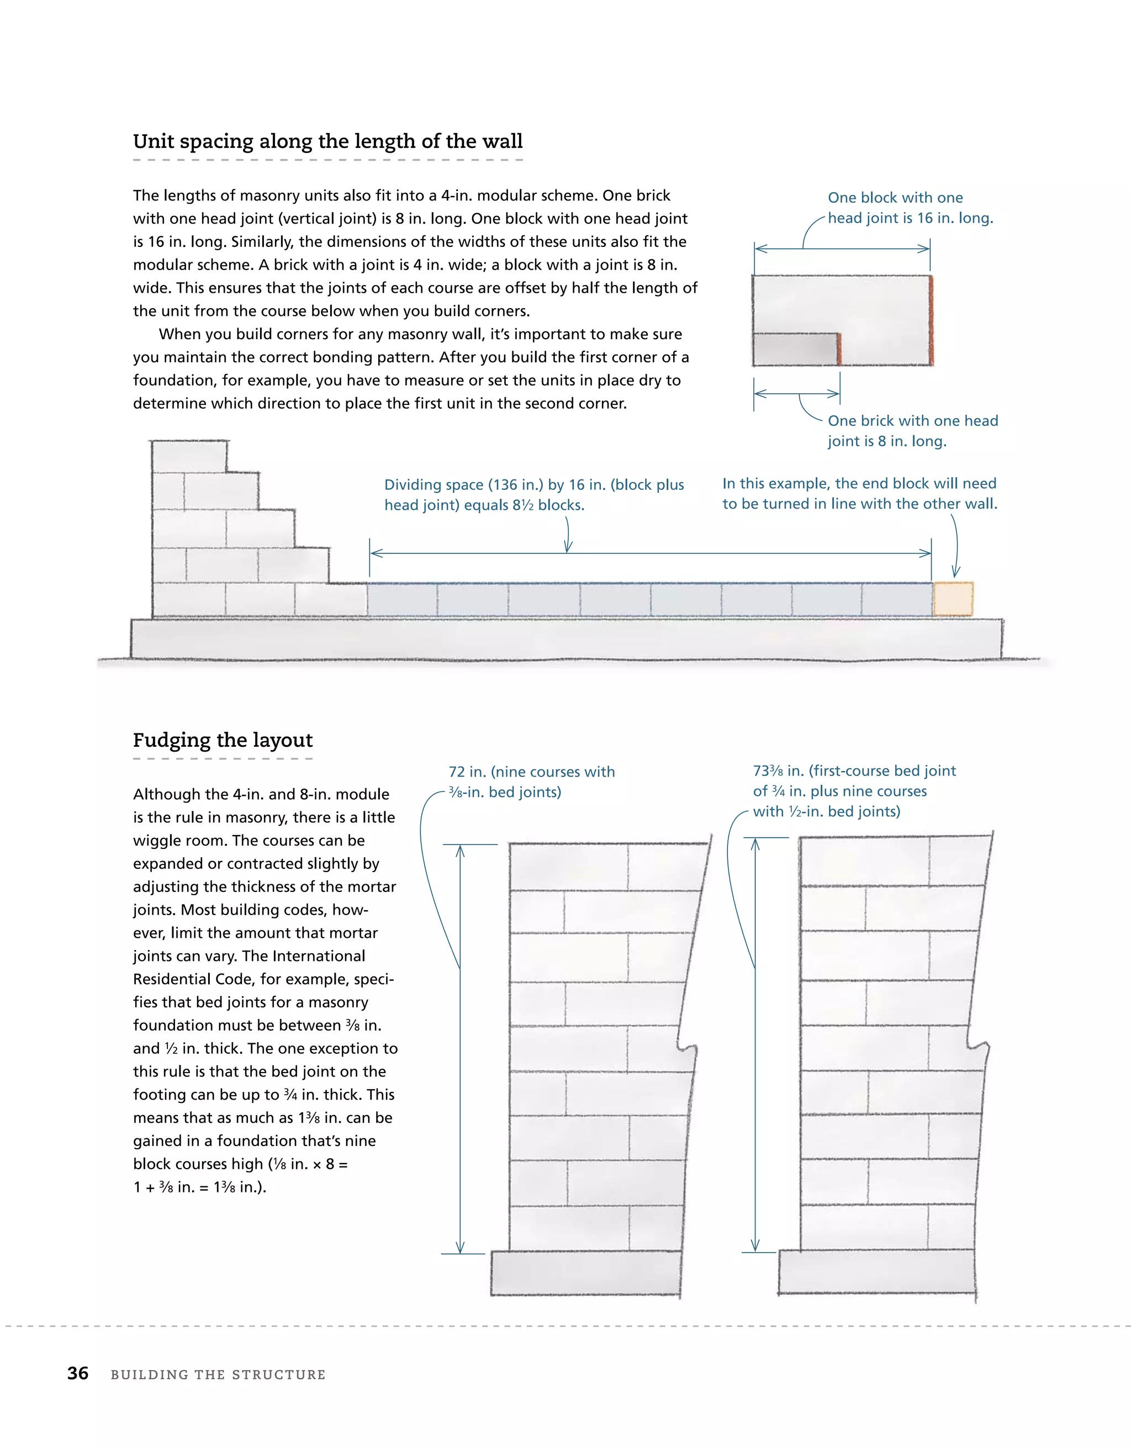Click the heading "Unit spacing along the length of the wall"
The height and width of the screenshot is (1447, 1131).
tap(327, 141)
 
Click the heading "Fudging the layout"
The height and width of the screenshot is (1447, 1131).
tap(223, 740)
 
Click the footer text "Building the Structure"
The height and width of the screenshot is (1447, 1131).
tap(218, 1375)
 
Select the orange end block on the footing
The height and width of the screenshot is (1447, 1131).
tap(953, 599)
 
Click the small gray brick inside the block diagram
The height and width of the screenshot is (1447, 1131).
tap(795, 348)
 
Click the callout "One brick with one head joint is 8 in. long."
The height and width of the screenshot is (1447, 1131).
tap(912, 431)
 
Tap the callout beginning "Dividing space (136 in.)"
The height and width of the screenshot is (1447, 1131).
tap(533, 494)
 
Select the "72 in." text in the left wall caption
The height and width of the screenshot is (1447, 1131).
tap(467, 772)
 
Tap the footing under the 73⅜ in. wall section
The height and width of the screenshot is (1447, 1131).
tap(876, 1271)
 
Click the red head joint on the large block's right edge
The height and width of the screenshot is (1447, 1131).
tap(931, 321)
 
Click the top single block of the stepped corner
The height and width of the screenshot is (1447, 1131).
tap(189, 457)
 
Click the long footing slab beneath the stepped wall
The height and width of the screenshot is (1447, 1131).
tap(566, 638)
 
